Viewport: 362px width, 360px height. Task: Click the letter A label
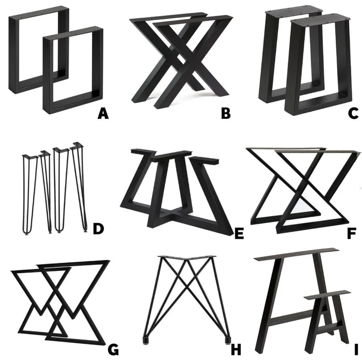coord(103,113)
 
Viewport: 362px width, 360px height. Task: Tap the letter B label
coord(226,113)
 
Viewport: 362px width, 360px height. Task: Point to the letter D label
coord(98,228)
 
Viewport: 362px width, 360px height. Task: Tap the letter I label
coord(356,349)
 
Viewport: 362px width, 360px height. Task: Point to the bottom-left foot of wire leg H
coord(145,337)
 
